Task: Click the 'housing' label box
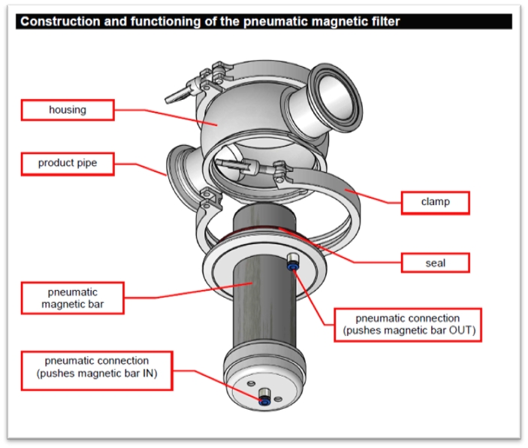(x=67, y=110)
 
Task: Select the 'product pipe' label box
(x=67, y=162)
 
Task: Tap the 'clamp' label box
(x=435, y=202)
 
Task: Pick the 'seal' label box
(x=435, y=262)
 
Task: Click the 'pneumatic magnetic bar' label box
(x=72, y=298)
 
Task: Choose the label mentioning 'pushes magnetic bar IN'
(x=96, y=368)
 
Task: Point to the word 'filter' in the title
(x=382, y=22)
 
